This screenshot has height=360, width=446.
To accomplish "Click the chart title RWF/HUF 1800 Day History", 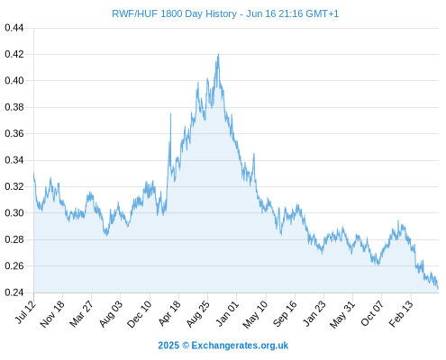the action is pos(174,13).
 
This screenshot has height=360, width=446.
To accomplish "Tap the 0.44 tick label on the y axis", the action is pos(14,28).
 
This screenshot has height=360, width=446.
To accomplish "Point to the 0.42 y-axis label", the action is pos(14,54).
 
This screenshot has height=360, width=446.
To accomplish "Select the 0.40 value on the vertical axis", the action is pos(14,81).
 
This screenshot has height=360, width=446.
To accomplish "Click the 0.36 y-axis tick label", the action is pos(14,133).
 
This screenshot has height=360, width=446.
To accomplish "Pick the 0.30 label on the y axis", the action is pos(14,213).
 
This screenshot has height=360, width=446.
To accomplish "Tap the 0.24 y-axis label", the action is pos(14,292).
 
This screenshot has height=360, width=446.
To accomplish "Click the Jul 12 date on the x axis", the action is pos(25,312).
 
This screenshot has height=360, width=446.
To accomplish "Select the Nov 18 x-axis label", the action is pos(51,314).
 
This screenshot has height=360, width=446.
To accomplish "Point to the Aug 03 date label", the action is pos(111,314).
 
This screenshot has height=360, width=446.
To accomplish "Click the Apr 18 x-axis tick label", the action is pos(169,313).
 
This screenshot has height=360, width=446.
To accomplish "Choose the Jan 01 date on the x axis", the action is pos(227,313).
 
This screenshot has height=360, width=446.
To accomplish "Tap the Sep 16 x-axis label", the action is pos(285,314).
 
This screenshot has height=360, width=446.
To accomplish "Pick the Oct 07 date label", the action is pos(372,313).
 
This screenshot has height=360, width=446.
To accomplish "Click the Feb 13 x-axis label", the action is pos(401,313).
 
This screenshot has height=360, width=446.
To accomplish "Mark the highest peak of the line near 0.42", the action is pos(218,54).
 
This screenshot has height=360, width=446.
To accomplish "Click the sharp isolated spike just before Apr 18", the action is pos(170,114).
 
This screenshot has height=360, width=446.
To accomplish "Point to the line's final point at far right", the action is pos(438,289).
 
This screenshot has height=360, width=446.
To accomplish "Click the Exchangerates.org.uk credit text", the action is pos(240,346).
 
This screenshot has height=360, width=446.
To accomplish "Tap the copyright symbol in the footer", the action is pos(186,346).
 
